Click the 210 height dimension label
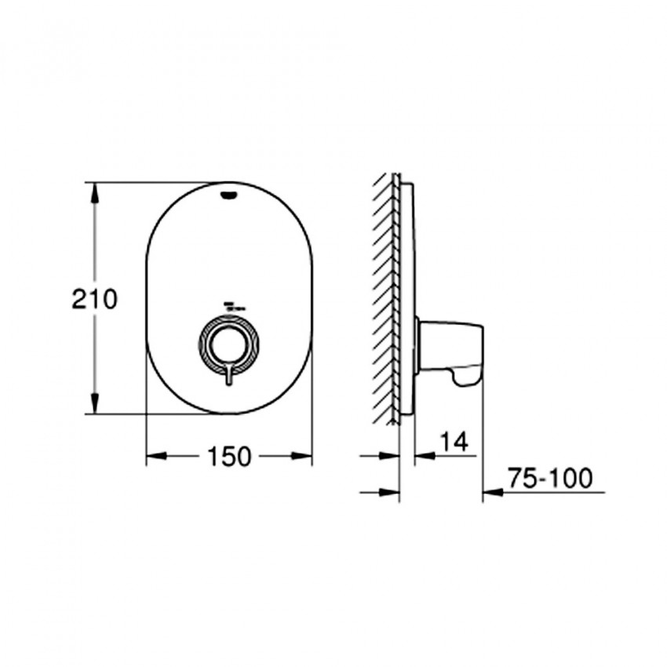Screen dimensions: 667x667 [x=94, y=299]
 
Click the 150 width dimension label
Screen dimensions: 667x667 [x=229, y=457]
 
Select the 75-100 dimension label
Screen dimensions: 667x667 [x=549, y=478]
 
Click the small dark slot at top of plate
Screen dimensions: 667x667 [x=229, y=195]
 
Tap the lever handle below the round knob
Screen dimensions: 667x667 [x=229, y=374]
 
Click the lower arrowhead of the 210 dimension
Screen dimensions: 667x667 [x=95, y=403]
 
